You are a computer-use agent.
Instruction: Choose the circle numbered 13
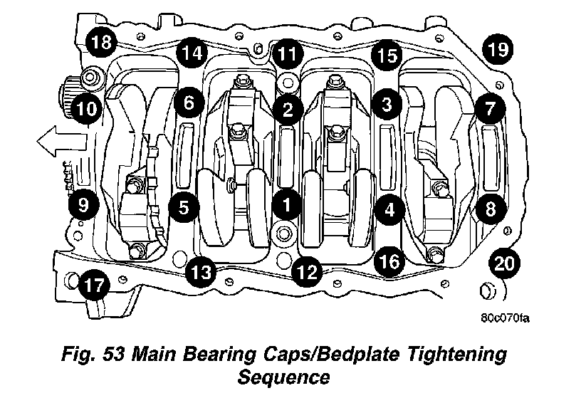pos(201,271)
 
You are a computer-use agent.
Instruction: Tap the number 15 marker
pos(386,56)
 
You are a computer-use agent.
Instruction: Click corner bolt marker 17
pos(93,286)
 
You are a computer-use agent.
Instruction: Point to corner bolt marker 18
pos(100,42)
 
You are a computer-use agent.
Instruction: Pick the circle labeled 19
pos(498,49)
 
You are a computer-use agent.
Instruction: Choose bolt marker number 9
pos(83,206)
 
